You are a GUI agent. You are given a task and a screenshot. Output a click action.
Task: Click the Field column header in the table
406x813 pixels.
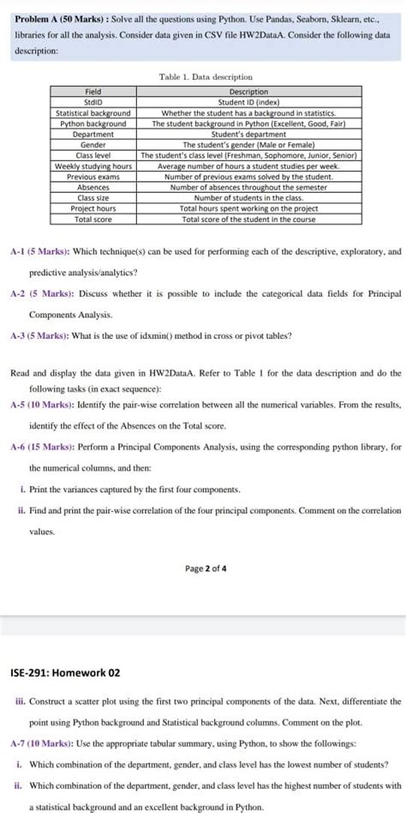tap(93, 92)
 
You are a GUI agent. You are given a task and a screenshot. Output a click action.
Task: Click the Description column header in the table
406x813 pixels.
tap(248, 92)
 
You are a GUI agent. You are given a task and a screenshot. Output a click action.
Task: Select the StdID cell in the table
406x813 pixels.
tap(93, 102)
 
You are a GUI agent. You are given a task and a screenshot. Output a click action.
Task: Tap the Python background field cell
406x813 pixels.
tap(93, 123)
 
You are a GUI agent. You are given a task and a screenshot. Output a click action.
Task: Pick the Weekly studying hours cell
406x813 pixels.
tap(93, 166)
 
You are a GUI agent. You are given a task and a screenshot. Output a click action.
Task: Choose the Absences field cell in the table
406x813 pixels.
tap(93, 187)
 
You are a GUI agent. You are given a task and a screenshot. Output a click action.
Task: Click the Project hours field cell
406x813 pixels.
tap(93, 208)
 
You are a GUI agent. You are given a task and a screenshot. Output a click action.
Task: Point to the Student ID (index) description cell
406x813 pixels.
tap(248, 102)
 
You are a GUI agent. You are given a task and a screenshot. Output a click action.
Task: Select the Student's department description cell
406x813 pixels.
tap(248, 134)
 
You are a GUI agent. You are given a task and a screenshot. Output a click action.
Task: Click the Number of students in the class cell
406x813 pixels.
tap(248, 198)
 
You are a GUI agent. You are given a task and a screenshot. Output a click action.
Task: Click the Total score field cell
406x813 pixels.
tap(93, 220)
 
